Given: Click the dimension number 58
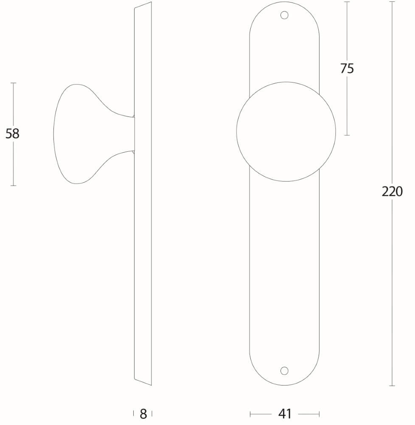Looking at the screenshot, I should [x=12, y=134].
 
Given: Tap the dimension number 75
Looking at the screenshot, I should [x=347, y=68].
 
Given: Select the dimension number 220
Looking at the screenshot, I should [x=392, y=192].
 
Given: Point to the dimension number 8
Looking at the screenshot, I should [x=143, y=414].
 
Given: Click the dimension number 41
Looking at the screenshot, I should [x=285, y=414].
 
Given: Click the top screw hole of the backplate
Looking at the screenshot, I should [x=285, y=15].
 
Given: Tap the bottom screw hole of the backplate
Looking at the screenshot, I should [x=285, y=371].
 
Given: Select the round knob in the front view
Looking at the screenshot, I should [x=286, y=131].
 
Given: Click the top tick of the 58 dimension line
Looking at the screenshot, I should [x=13, y=83].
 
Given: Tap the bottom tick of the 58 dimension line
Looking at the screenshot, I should [x=13, y=185].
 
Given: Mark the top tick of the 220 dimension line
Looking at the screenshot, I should [x=392, y=2].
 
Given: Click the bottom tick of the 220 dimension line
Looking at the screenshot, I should [x=392, y=385].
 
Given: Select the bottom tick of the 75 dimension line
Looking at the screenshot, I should [x=347, y=135].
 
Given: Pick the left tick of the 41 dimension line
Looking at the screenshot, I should [x=250, y=414].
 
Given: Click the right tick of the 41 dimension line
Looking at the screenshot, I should [x=319, y=414].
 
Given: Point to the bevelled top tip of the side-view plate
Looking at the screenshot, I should [x=149, y=3].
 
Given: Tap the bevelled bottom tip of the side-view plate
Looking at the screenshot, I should [x=149, y=384].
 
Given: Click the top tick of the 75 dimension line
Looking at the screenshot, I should [x=347, y=2].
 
